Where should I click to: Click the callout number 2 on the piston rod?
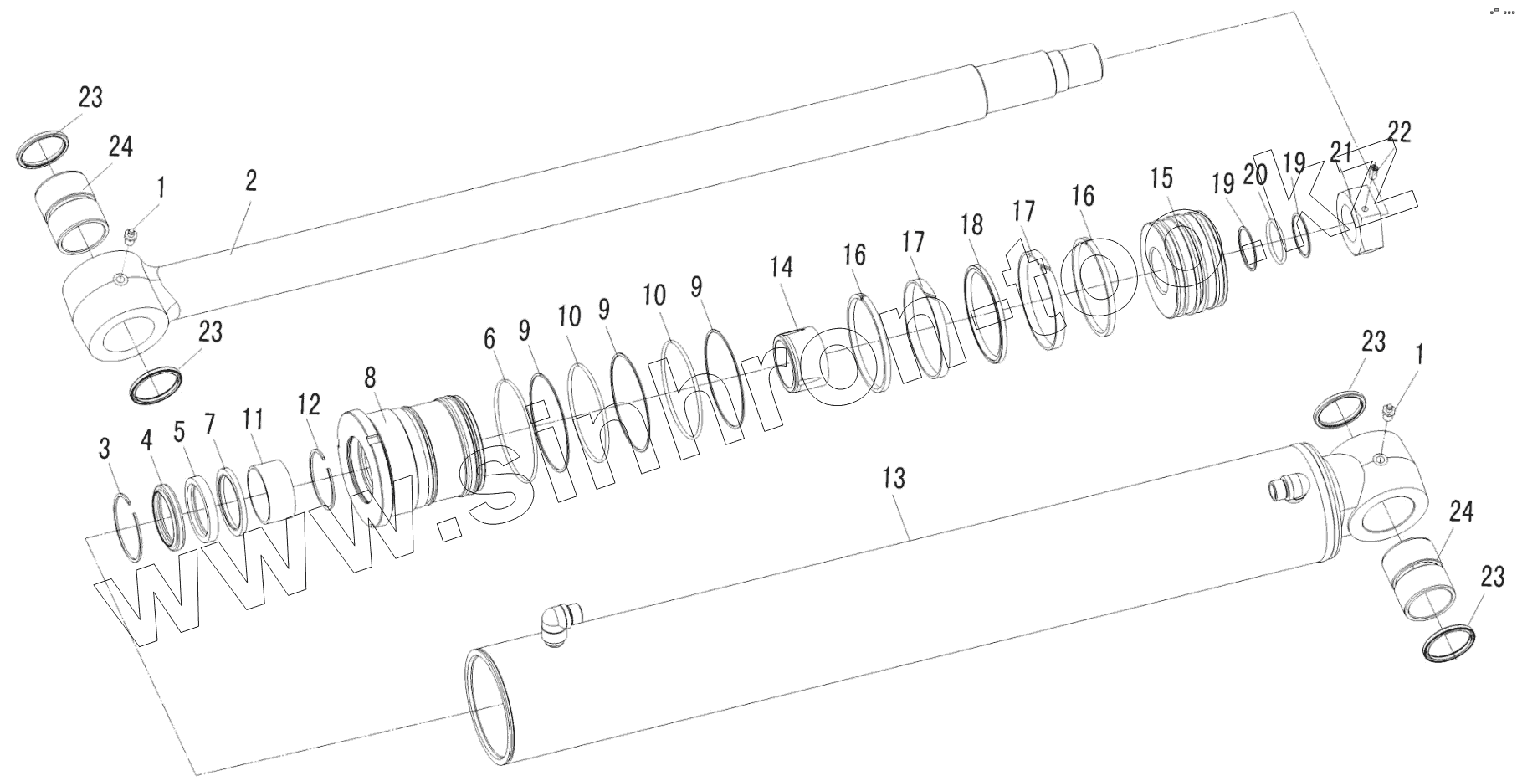click(x=252, y=181)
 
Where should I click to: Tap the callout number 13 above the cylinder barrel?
click(x=894, y=479)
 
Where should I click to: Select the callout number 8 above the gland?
click(x=371, y=378)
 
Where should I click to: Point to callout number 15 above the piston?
click(x=1161, y=178)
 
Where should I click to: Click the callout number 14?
click(x=782, y=268)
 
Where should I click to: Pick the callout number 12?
click(x=309, y=405)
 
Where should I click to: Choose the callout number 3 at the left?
click(x=105, y=449)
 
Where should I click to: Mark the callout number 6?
click(x=489, y=339)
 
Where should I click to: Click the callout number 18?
click(x=972, y=225)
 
